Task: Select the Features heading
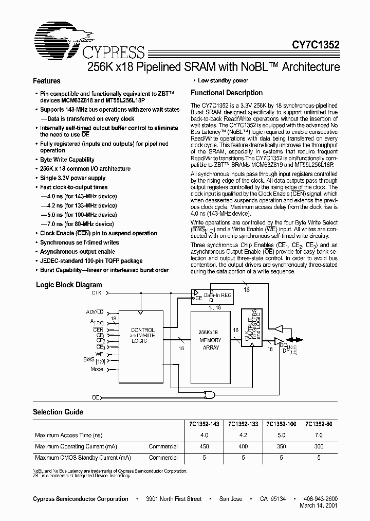click(47, 81)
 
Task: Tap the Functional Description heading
click(227, 93)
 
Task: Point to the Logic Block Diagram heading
click(69, 285)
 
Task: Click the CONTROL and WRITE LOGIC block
click(142, 335)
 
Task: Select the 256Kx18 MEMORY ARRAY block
click(211, 340)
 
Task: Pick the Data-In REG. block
click(214, 297)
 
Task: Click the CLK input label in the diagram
click(97, 292)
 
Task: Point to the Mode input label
click(97, 369)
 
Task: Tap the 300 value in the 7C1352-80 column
click(319, 446)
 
